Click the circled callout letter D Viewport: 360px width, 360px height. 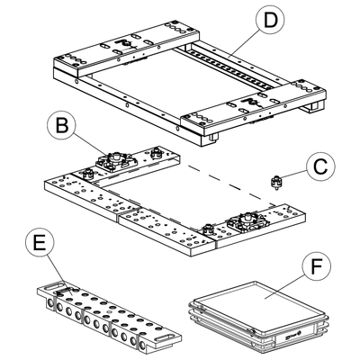click(270, 21)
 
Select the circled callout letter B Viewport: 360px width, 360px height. click(62, 126)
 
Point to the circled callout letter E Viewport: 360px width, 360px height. click(40, 243)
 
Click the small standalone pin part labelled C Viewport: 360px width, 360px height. click(276, 182)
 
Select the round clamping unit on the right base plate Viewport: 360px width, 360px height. click(248, 220)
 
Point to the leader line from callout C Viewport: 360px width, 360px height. click(294, 175)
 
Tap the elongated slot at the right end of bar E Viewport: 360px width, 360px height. click(165, 337)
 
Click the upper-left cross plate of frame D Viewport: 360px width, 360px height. click(126, 47)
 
